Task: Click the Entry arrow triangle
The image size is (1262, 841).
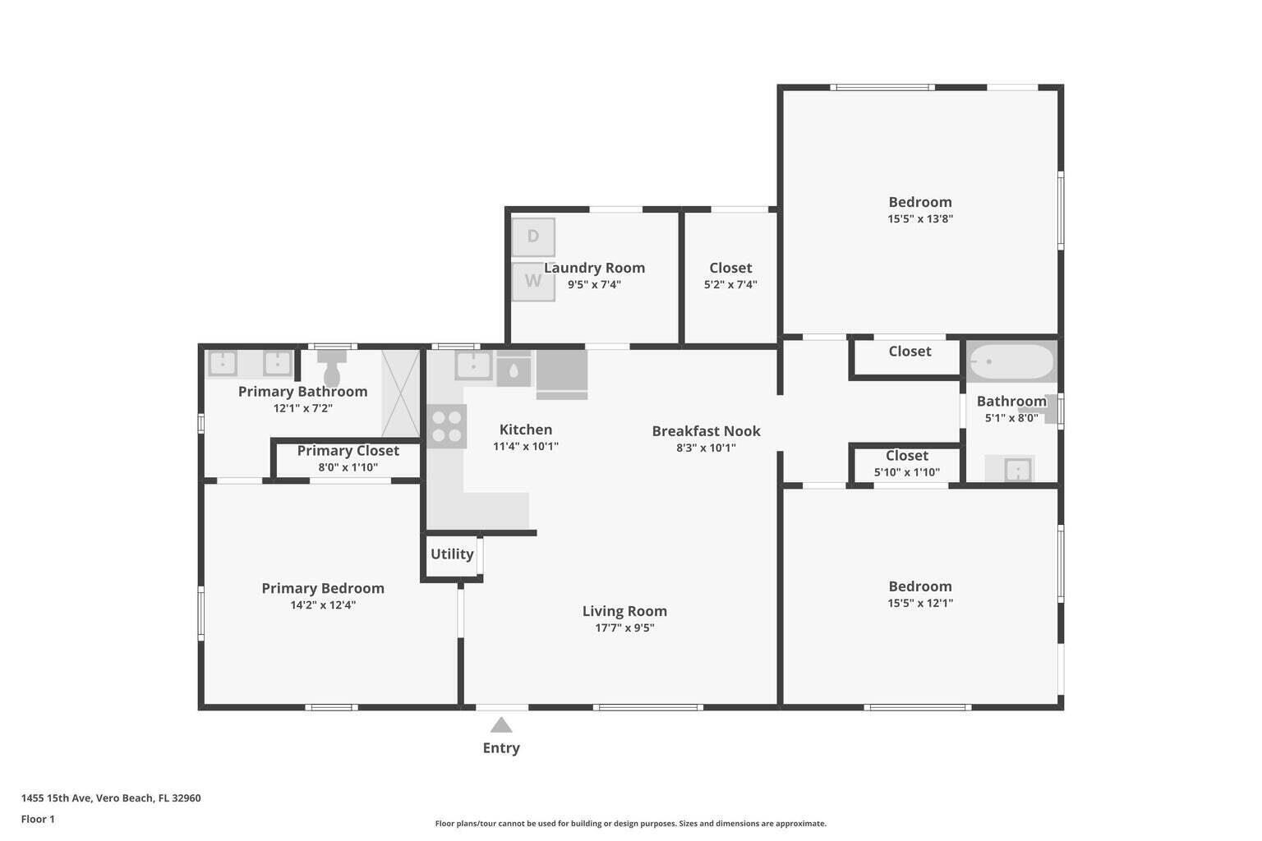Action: pyautogui.click(x=501, y=725)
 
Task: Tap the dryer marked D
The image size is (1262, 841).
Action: pyautogui.click(x=533, y=237)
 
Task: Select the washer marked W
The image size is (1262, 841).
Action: pyautogui.click(x=533, y=281)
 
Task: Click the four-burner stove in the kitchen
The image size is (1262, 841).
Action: pyautogui.click(x=446, y=426)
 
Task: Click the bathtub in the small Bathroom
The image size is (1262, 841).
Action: pyautogui.click(x=1011, y=361)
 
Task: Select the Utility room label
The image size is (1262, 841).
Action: pyautogui.click(x=452, y=554)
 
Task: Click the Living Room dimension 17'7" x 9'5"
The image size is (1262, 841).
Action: pyautogui.click(x=624, y=628)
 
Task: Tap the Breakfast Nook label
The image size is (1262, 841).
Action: pyautogui.click(x=706, y=431)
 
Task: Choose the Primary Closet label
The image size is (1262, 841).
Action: pyautogui.click(x=348, y=451)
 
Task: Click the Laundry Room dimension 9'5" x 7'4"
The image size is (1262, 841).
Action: pyautogui.click(x=594, y=285)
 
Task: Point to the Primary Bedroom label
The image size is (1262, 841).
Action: pyautogui.click(x=323, y=589)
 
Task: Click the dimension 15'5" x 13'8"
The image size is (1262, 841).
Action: pyautogui.click(x=920, y=219)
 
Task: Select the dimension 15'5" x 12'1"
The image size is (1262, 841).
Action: pyautogui.click(x=920, y=603)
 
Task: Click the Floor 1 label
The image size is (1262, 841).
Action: pyautogui.click(x=38, y=819)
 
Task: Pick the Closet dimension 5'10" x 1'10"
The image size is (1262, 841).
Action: pyautogui.click(x=907, y=472)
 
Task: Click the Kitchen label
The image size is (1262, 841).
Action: pyautogui.click(x=526, y=430)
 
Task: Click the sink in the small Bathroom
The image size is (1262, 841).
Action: pyautogui.click(x=1017, y=470)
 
